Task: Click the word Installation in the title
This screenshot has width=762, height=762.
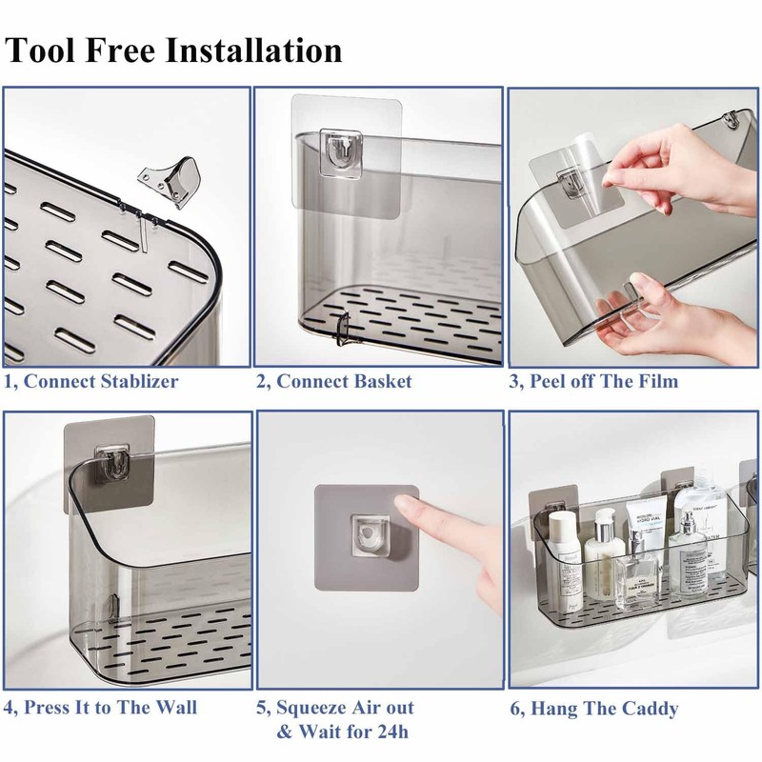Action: [x=253, y=50]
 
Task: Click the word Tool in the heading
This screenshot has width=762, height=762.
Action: [x=41, y=50]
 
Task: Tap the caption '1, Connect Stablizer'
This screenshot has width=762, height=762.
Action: [x=90, y=382]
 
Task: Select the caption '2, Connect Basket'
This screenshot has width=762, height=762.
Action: [x=334, y=382]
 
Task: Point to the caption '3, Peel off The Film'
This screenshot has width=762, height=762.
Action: [x=593, y=382]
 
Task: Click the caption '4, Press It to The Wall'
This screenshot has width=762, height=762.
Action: [x=100, y=708]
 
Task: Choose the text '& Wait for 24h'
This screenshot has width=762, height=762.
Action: [x=343, y=732]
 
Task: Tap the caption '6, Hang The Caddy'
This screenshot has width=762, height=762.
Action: [x=593, y=709]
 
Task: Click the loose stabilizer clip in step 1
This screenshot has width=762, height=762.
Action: [x=171, y=181]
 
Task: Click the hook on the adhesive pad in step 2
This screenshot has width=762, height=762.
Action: [x=341, y=152]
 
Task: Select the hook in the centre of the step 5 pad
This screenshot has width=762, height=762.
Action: [x=370, y=534]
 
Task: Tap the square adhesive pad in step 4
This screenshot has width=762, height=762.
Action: [x=110, y=465]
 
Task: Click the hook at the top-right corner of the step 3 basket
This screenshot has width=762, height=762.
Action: [x=731, y=121]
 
